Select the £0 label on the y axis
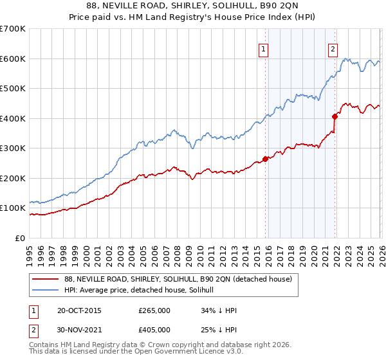tap(19, 239)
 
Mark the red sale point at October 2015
tap(265, 159)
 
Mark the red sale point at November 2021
tap(335, 116)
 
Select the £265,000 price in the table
tap(154, 310)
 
